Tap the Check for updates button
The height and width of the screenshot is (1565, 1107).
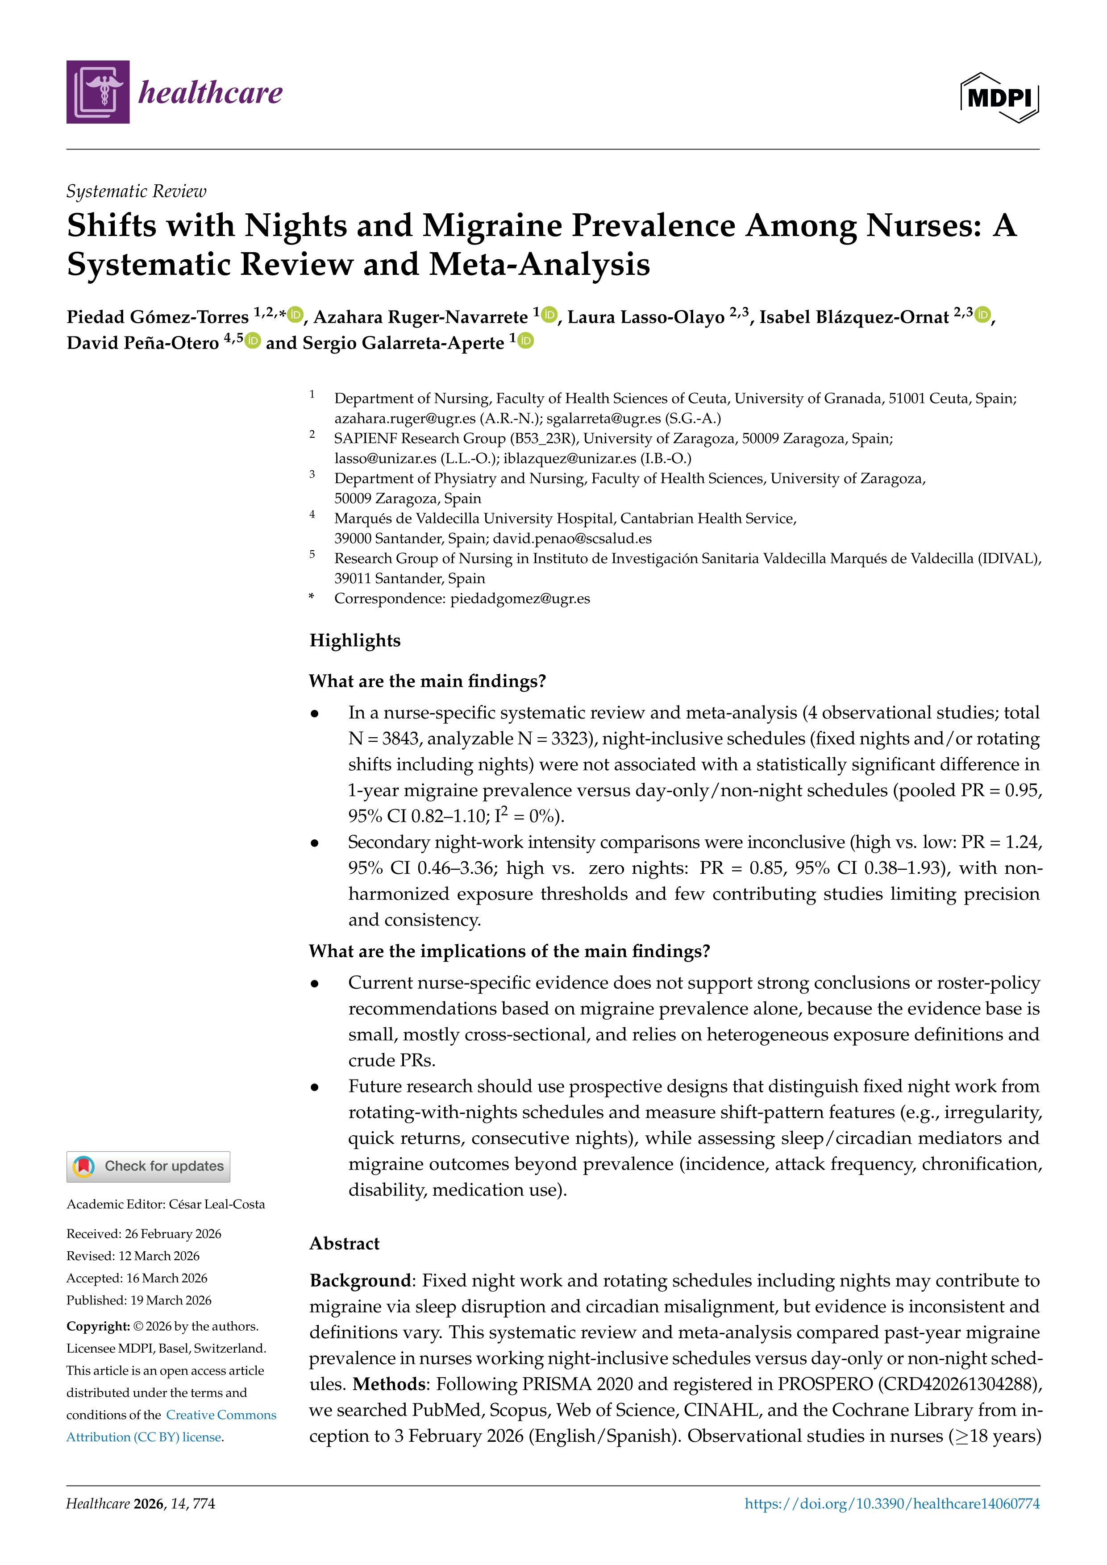(148, 1166)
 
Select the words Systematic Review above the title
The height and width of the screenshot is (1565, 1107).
(136, 191)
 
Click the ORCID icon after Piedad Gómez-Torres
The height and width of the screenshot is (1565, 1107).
(295, 315)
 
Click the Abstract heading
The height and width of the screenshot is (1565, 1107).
(344, 1243)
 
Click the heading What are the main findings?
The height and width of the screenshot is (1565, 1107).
(427, 681)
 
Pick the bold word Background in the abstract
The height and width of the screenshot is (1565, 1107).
(360, 1281)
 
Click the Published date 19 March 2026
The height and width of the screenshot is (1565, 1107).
(171, 1300)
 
